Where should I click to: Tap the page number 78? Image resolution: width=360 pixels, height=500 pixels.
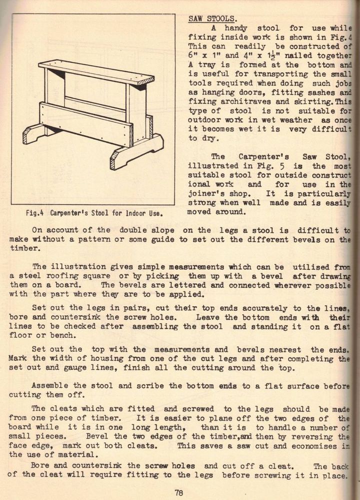(178, 491)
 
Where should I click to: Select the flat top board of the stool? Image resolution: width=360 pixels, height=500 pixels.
(95, 72)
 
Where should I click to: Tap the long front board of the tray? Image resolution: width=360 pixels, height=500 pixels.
(85, 124)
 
